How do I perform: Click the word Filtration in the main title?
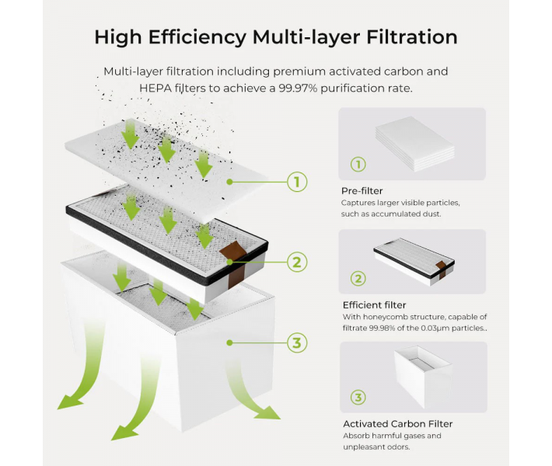[402, 37]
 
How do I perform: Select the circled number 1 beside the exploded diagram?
[296, 183]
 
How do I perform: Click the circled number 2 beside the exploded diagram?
[296, 262]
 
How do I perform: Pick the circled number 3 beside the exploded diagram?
[296, 342]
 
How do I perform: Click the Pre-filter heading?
[362, 190]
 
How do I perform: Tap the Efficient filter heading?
[374, 305]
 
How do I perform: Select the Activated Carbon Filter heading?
[397, 423]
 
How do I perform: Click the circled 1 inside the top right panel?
[358, 165]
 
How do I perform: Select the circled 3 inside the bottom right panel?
[358, 398]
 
